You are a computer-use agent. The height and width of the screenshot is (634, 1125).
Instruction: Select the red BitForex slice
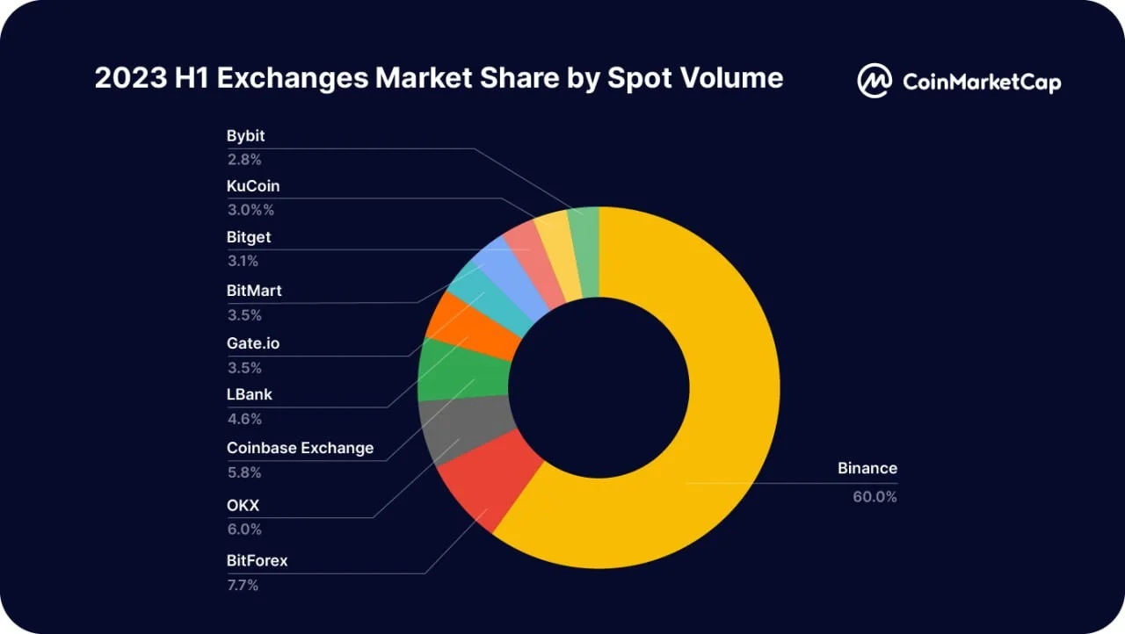[x=483, y=483]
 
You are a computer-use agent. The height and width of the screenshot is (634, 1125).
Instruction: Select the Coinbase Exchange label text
[x=300, y=448]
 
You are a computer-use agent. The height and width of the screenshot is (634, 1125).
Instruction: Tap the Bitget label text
[x=249, y=237]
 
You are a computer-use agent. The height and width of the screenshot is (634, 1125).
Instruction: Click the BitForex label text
[x=257, y=560]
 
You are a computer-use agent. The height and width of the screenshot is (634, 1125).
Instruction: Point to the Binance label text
[x=867, y=468]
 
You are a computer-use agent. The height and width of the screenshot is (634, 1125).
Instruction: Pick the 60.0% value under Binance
[x=875, y=496]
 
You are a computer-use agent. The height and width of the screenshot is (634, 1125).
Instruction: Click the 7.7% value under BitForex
[x=243, y=585]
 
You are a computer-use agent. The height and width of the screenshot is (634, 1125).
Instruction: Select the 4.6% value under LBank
[x=243, y=420]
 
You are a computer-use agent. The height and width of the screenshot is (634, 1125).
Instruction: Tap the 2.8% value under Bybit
[x=243, y=160]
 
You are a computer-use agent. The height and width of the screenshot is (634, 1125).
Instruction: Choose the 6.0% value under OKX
[x=243, y=529]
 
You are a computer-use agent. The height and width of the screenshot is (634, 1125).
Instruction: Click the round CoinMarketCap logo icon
[x=875, y=80]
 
